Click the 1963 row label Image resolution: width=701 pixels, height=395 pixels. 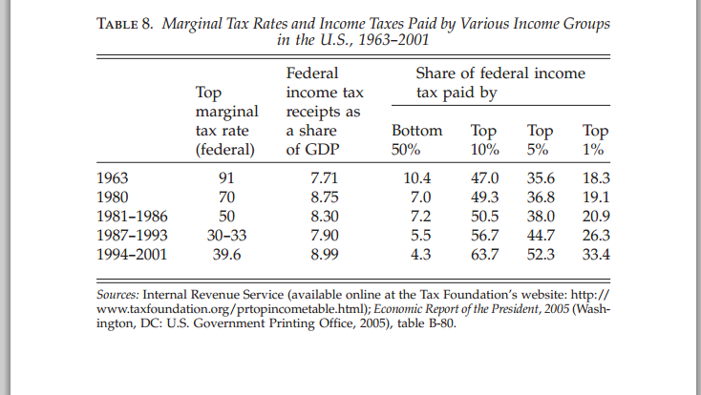coord(112,178)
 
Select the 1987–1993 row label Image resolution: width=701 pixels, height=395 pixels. coord(132,236)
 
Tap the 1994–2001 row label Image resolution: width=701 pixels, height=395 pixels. coord(132,254)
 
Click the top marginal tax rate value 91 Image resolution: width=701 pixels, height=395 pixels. coord(226,178)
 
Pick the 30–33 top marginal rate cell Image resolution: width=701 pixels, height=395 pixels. coord(226,236)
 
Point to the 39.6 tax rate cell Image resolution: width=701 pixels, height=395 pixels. coord(226,254)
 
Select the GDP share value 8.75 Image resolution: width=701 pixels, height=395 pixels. coord(324,197)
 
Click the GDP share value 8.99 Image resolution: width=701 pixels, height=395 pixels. coord(324,254)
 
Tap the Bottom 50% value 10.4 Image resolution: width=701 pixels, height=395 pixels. coord(416,178)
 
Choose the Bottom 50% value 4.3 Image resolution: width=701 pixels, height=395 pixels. coord(420,254)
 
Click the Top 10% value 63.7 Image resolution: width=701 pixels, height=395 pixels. coord(484,254)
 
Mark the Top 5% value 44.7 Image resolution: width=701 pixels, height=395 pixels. coord(541,236)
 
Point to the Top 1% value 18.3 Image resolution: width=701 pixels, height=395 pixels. coord(596,178)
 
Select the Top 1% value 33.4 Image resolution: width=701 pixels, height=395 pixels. coord(596,254)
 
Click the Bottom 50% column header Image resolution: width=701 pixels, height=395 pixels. coord(416,140)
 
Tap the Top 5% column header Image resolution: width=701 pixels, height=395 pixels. coord(540,140)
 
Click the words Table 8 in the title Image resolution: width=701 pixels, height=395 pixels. coord(125,24)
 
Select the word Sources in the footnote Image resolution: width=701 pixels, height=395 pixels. coord(117,295)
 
